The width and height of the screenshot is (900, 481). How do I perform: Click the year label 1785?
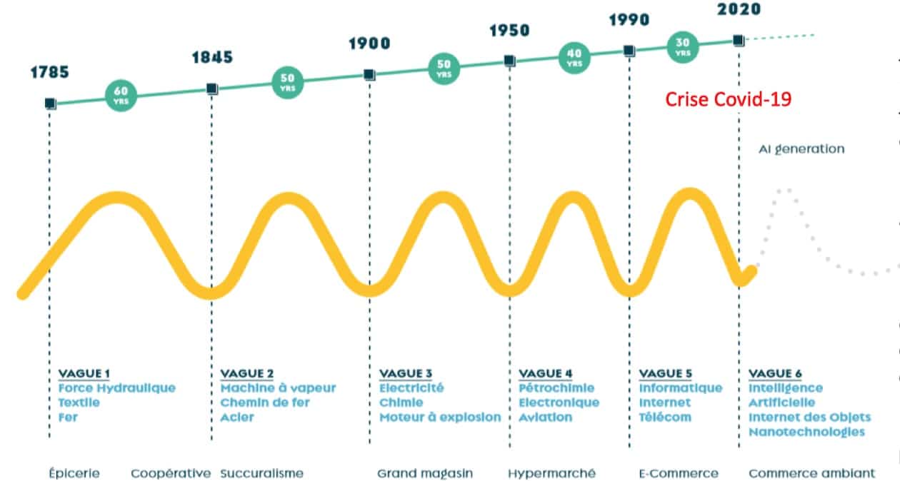point(49,72)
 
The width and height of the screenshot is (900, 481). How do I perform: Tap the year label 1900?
point(369,44)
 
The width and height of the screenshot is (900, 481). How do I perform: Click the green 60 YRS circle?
point(121,94)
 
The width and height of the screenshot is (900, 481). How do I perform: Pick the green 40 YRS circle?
point(574,57)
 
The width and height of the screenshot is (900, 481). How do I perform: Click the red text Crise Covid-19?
point(728,99)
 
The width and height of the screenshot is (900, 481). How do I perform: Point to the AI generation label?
point(801,149)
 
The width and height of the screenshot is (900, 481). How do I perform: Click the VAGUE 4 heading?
point(545,374)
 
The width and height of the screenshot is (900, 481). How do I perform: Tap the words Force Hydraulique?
point(117,388)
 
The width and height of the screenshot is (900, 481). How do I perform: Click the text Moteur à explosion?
point(439,417)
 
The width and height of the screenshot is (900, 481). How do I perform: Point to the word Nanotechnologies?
point(806,432)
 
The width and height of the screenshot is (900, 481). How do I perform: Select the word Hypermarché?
point(551,473)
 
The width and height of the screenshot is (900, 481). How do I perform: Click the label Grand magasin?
point(424,473)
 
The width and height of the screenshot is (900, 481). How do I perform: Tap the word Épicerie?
point(74,473)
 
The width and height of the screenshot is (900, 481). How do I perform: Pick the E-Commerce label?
point(678,473)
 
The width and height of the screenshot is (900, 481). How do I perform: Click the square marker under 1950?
point(509,61)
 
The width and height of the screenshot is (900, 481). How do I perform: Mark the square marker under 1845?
point(211,89)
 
